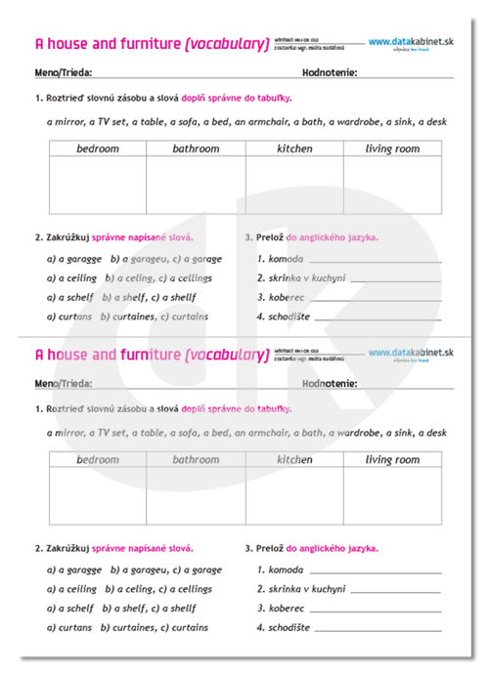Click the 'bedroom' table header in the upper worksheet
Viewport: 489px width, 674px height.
coord(98,148)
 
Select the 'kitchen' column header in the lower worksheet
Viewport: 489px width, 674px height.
coord(294,459)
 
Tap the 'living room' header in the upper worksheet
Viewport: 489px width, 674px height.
coord(392,148)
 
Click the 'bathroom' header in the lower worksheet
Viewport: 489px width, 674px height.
coord(196,459)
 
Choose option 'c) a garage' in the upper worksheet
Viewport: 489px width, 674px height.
coord(195,259)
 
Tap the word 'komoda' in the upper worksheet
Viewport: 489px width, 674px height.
coord(287,259)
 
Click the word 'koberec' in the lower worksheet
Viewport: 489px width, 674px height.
coord(289,608)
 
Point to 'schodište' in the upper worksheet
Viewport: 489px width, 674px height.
coord(291,316)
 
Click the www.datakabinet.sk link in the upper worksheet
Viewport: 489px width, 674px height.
coord(412,41)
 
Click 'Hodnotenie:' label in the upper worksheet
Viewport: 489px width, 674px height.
coord(330,72)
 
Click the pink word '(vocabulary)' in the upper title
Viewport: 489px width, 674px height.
coord(227,43)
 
